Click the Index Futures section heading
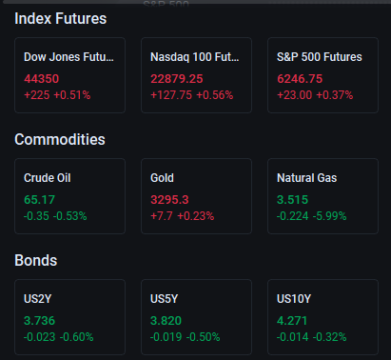coord(61,18)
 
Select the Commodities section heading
coord(60,139)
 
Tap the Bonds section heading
coord(36,260)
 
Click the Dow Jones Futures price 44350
coord(42,79)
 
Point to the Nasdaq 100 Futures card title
coord(195,57)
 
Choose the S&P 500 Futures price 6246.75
coord(300,79)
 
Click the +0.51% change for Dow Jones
coord(72,95)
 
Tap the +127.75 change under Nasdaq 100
coord(171,95)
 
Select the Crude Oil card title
coord(48,178)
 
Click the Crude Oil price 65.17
coord(39,200)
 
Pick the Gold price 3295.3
coord(169,200)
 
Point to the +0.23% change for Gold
coord(196,216)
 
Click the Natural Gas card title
coord(307,178)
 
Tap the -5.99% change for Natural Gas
coord(330,216)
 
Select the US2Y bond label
coord(37,299)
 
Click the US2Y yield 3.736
coord(39,321)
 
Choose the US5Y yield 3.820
coord(166,321)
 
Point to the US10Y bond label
coord(294,299)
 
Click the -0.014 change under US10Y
coord(293,337)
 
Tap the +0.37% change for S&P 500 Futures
coord(335,95)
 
